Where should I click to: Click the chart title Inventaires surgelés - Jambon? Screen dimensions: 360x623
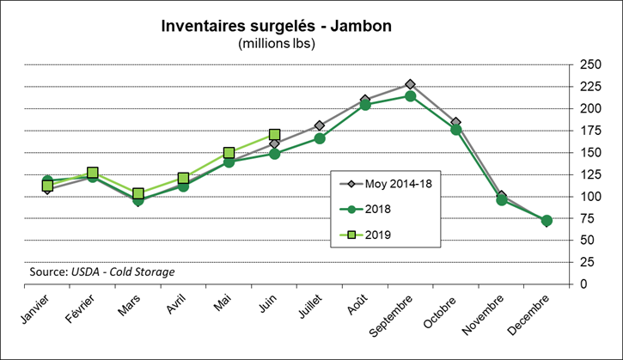pyautogui.click(x=277, y=26)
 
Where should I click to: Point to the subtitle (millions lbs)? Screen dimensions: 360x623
pyautogui.click(x=277, y=43)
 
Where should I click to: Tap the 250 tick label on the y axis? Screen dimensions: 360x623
pyautogui.click(x=589, y=64)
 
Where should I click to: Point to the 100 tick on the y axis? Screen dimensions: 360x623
pyautogui.click(x=589, y=196)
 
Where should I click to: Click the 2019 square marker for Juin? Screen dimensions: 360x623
pyautogui.click(x=275, y=134)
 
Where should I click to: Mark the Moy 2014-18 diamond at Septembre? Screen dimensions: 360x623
pyautogui.click(x=411, y=84)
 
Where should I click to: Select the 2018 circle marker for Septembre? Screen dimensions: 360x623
pyautogui.click(x=411, y=96)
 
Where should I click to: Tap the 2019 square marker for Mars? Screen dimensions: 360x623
pyautogui.click(x=138, y=193)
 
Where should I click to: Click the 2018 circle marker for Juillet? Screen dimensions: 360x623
pyautogui.click(x=320, y=138)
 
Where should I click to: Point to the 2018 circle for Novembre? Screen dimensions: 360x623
pyautogui.click(x=501, y=200)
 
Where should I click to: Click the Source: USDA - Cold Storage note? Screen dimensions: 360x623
pyautogui.click(x=101, y=272)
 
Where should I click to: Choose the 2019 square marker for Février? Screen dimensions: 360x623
pyautogui.click(x=93, y=173)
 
